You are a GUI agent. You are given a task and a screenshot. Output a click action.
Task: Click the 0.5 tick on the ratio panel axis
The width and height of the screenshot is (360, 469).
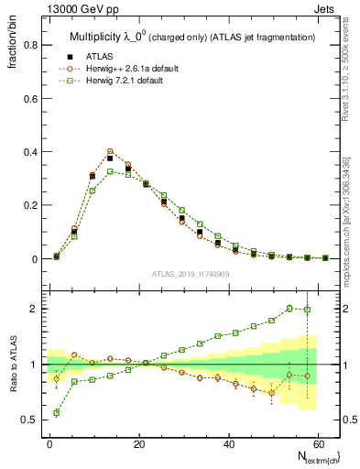[28, 420]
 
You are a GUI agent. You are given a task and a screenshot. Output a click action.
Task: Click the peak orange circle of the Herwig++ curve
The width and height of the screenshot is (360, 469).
[110, 151]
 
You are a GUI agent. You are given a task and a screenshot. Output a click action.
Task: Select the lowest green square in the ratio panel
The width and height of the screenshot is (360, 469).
[57, 413]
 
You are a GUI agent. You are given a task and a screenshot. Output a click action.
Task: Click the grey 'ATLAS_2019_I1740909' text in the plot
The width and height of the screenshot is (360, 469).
[191, 274]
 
